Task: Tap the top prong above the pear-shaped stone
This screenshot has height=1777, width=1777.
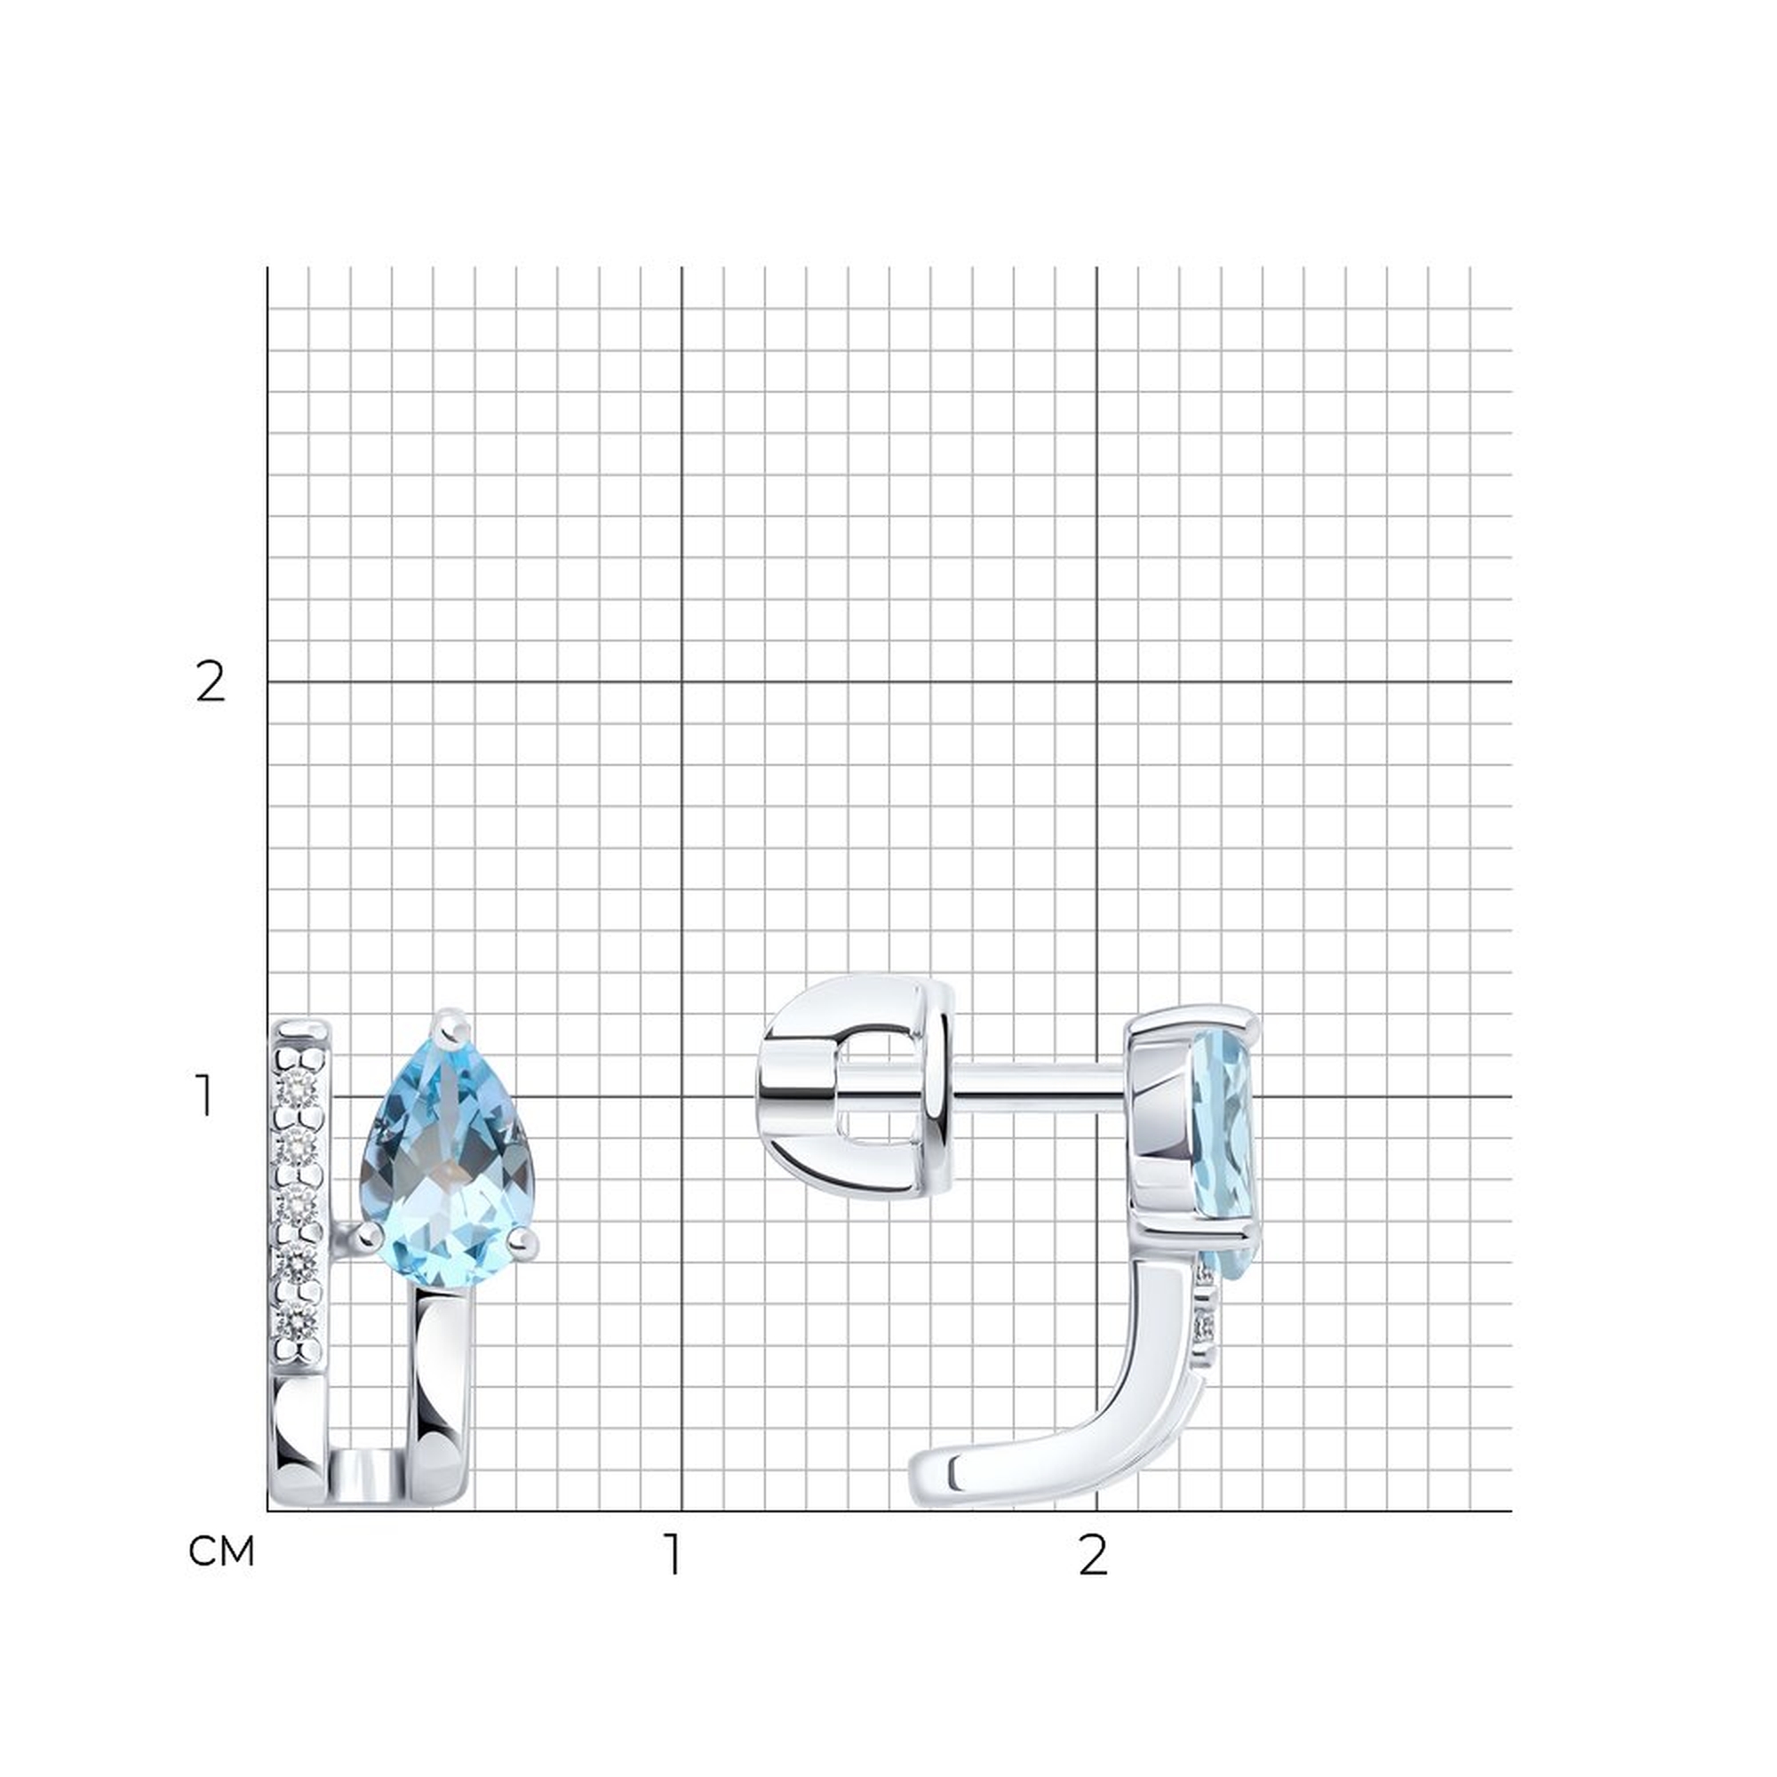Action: click(450, 1028)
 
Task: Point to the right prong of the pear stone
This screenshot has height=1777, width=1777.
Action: click(523, 1244)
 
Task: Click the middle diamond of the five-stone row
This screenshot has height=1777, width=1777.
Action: click(299, 1205)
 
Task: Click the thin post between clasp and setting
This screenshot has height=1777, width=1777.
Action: click(1040, 1081)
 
